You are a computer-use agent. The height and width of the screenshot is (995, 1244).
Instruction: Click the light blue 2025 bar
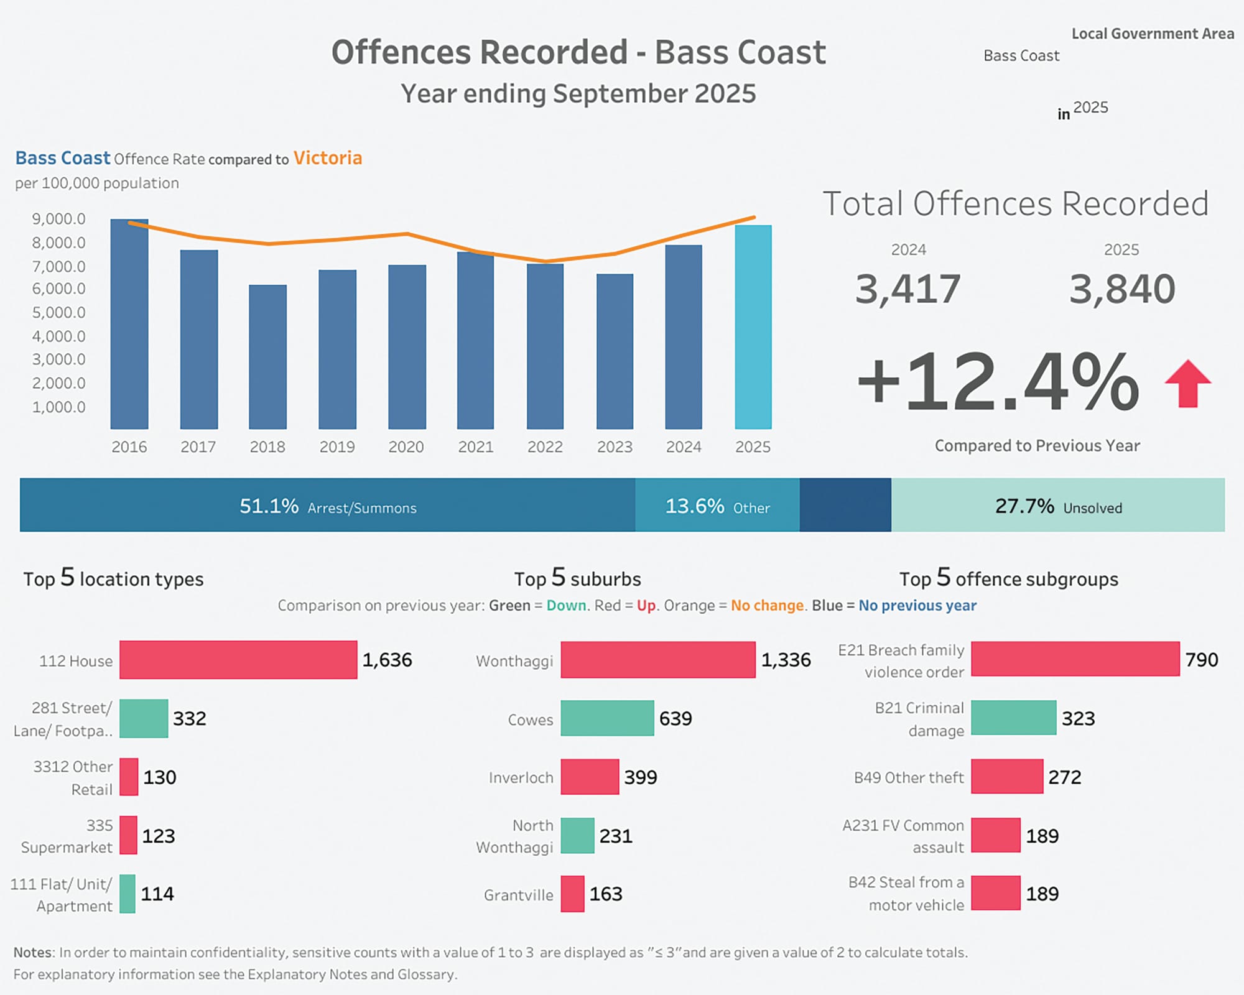[753, 327]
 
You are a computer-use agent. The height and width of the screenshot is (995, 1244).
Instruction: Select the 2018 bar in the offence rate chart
[267, 357]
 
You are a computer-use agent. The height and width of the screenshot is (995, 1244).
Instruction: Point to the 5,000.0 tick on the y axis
[58, 312]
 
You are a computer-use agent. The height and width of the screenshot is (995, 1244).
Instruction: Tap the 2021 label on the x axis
[475, 447]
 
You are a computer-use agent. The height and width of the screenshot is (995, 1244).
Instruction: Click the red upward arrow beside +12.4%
[1187, 384]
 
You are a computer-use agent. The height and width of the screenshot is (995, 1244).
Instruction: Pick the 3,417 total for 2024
[907, 289]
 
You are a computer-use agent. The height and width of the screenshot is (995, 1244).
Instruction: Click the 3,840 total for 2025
[1121, 289]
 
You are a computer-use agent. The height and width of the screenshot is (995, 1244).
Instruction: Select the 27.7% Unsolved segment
[1057, 506]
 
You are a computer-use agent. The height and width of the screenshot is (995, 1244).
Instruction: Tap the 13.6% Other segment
[717, 506]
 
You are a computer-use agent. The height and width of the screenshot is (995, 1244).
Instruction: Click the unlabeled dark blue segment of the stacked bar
[845, 505]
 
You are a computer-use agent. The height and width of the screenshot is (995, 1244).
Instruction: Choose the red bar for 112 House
[238, 660]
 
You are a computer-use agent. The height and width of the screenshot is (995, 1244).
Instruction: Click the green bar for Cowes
[607, 718]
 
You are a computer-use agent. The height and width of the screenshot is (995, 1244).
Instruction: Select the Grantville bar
[572, 894]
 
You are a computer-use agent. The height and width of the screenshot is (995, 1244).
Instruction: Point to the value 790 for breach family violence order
[1201, 660]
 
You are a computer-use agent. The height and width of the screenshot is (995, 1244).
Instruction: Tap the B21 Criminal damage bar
[1013, 718]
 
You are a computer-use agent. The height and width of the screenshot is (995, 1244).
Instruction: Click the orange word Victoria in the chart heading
[327, 158]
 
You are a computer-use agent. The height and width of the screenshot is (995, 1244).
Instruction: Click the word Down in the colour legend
[566, 605]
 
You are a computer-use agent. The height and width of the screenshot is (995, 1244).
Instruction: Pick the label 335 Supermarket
[67, 836]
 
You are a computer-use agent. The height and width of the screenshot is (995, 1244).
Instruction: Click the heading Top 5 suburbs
[577, 578]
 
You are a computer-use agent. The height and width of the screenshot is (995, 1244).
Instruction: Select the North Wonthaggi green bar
[577, 835]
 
